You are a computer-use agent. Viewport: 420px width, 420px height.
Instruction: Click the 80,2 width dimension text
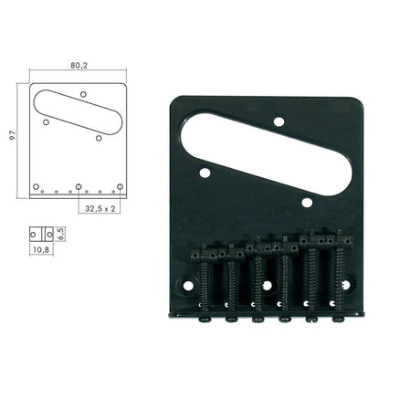click(79, 67)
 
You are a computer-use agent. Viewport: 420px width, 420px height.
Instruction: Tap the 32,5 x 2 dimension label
click(100, 209)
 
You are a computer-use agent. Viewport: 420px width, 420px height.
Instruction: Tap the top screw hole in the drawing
click(83, 93)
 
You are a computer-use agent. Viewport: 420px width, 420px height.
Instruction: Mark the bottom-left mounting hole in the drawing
click(37, 187)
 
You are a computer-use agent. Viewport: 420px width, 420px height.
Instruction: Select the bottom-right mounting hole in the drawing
click(120, 187)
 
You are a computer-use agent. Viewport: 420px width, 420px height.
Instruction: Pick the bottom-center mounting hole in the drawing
click(79, 188)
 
